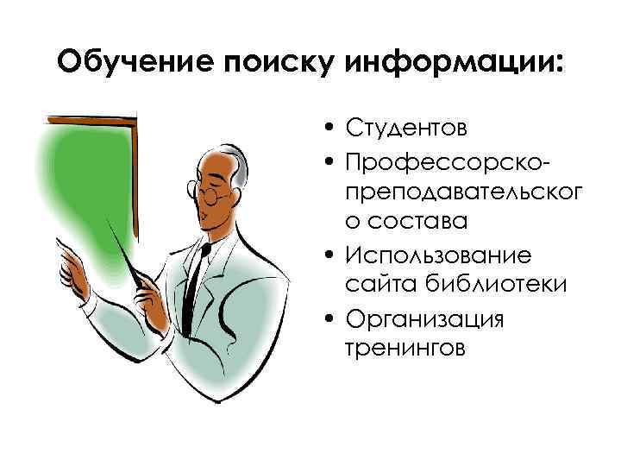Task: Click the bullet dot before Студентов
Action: (x=330, y=130)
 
